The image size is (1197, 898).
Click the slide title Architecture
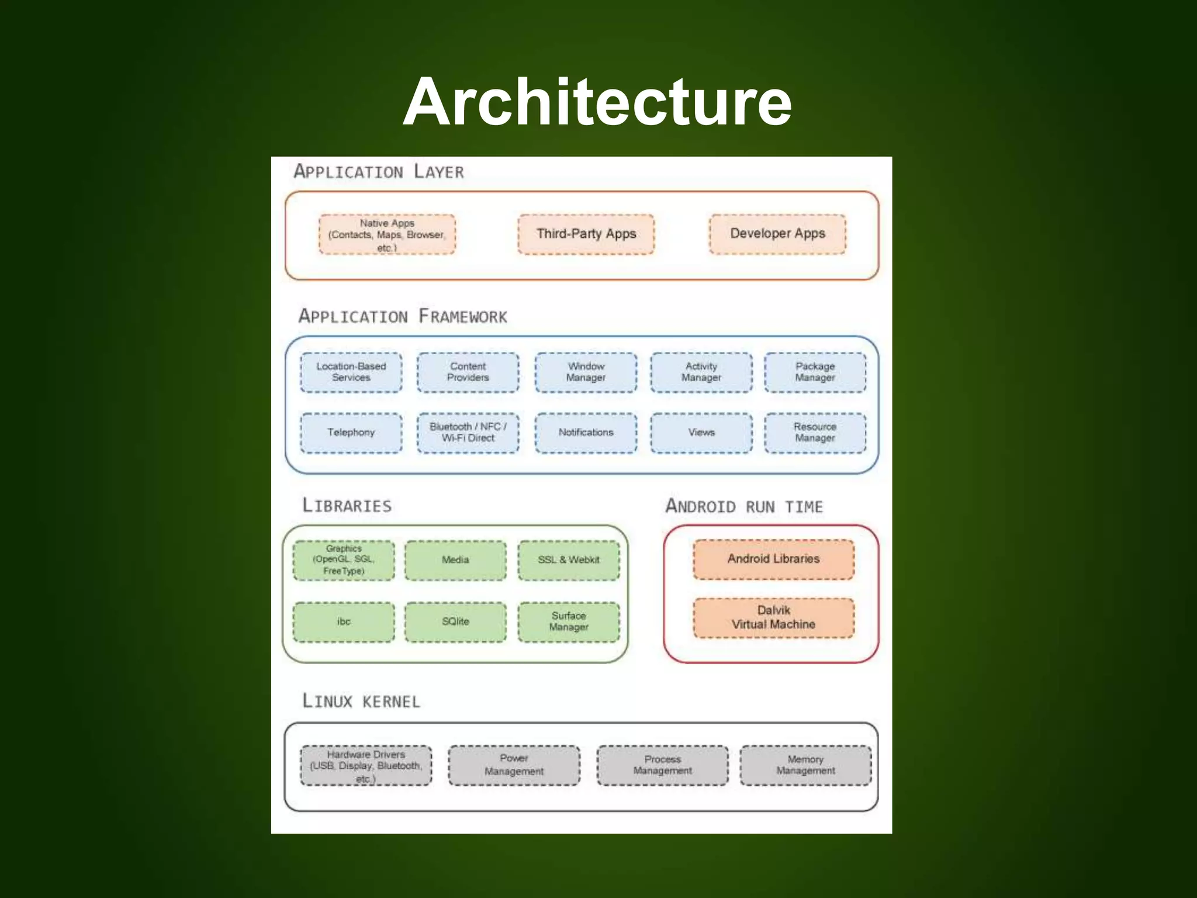pos(597,102)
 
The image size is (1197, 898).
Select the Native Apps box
pos(387,234)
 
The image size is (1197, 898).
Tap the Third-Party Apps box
pos(586,234)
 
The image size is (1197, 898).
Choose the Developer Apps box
pos(777,234)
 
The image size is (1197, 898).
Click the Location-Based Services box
pos(351,372)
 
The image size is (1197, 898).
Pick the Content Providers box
pos(468,372)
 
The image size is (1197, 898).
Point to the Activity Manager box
pos(701,372)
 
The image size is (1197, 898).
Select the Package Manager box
pos(815,372)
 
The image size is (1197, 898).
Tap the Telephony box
pos(351,433)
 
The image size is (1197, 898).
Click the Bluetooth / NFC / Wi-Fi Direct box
pos(468,433)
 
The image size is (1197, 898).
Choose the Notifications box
pos(586,433)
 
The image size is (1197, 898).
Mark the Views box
pos(701,433)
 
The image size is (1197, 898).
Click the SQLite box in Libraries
pos(455,621)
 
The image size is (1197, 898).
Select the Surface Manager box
pos(569,621)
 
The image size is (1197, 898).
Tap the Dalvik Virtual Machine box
pos(773,617)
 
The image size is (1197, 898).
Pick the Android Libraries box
pos(773,559)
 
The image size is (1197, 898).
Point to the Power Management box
pos(514,765)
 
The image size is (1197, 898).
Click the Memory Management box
pos(805,765)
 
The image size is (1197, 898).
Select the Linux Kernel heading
pos(361,701)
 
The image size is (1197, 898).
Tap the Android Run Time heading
pos(744,506)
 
